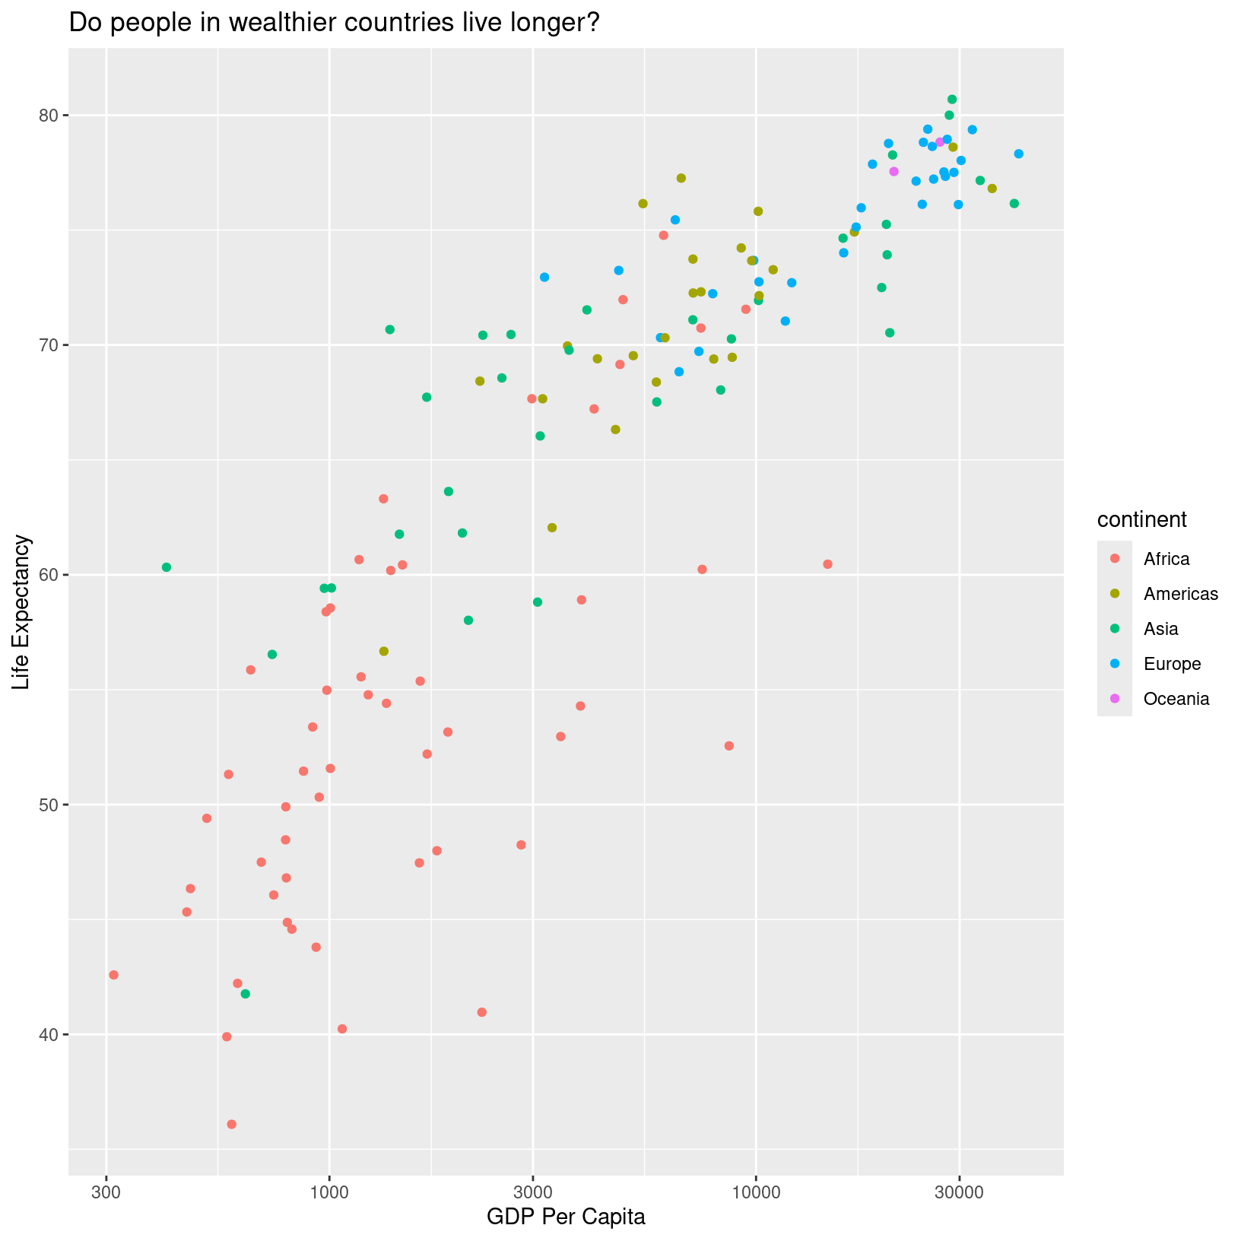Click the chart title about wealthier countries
(x=335, y=24)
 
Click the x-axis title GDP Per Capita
(x=566, y=1217)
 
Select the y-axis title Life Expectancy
(x=22, y=612)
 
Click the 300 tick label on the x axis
(x=106, y=1190)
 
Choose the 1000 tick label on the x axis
(x=329, y=1190)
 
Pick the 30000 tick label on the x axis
(x=959, y=1190)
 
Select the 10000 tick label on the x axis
(x=756, y=1190)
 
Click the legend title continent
(x=1141, y=520)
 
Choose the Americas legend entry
(x=1180, y=594)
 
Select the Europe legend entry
(x=1172, y=664)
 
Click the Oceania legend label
(x=1176, y=699)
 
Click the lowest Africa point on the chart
(x=232, y=1124)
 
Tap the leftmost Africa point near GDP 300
(x=114, y=975)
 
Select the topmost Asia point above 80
(x=952, y=100)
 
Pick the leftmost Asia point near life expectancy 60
(x=167, y=567)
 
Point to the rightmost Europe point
(x=1019, y=154)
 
